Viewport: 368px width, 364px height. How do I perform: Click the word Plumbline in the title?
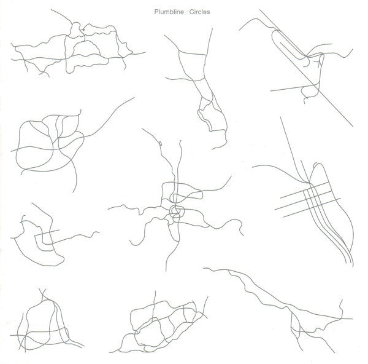click(169, 12)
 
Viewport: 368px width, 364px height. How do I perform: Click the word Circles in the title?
click(199, 12)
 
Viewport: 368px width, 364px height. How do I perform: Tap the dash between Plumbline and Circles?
click(186, 12)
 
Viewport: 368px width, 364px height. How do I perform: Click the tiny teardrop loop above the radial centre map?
click(160, 143)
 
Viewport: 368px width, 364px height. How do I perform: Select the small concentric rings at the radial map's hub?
click(177, 211)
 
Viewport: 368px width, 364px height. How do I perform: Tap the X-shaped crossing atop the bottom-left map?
click(42, 293)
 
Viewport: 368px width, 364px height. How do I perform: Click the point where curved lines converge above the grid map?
click(308, 183)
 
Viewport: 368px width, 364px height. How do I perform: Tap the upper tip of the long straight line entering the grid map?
click(280, 117)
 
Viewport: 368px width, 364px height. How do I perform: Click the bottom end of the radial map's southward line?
click(166, 271)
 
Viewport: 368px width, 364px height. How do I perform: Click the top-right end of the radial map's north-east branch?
click(231, 176)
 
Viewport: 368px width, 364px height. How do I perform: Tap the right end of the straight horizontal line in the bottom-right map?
click(352, 319)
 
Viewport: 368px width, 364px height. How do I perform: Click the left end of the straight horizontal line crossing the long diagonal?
click(270, 90)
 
